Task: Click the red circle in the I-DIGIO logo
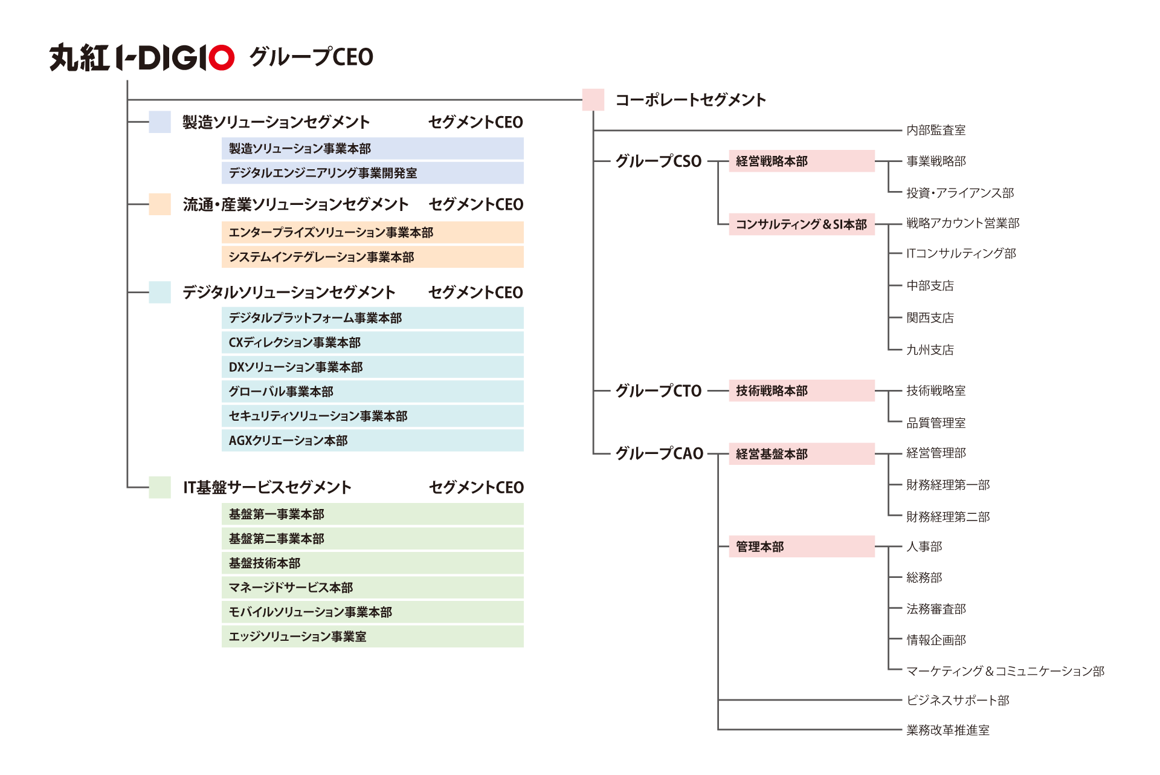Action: (x=222, y=58)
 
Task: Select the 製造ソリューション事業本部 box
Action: (x=372, y=149)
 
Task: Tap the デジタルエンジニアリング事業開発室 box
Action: (x=372, y=173)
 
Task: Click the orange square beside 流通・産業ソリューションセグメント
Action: (x=159, y=204)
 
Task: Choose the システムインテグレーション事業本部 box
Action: (x=372, y=257)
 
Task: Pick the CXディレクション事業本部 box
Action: (x=372, y=342)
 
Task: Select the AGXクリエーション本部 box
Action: (x=372, y=441)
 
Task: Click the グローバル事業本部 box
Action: (x=372, y=392)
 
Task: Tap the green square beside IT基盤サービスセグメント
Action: (x=159, y=487)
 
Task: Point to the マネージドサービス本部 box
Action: (x=372, y=588)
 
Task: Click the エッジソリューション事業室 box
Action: (x=372, y=637)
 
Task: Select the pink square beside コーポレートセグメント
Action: (x=593, y=100)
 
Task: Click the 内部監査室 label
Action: (x=935, y=130)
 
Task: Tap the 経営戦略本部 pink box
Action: (x=801, y=161)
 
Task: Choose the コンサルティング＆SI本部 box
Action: (x=801, y=224)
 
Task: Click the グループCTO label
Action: (x=658, y=391)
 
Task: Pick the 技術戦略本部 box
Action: (x=801, y=391)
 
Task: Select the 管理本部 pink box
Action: (x=801, y=546)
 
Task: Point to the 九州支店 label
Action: (x=930, y=350)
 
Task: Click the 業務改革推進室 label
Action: (x=947, y=730)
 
